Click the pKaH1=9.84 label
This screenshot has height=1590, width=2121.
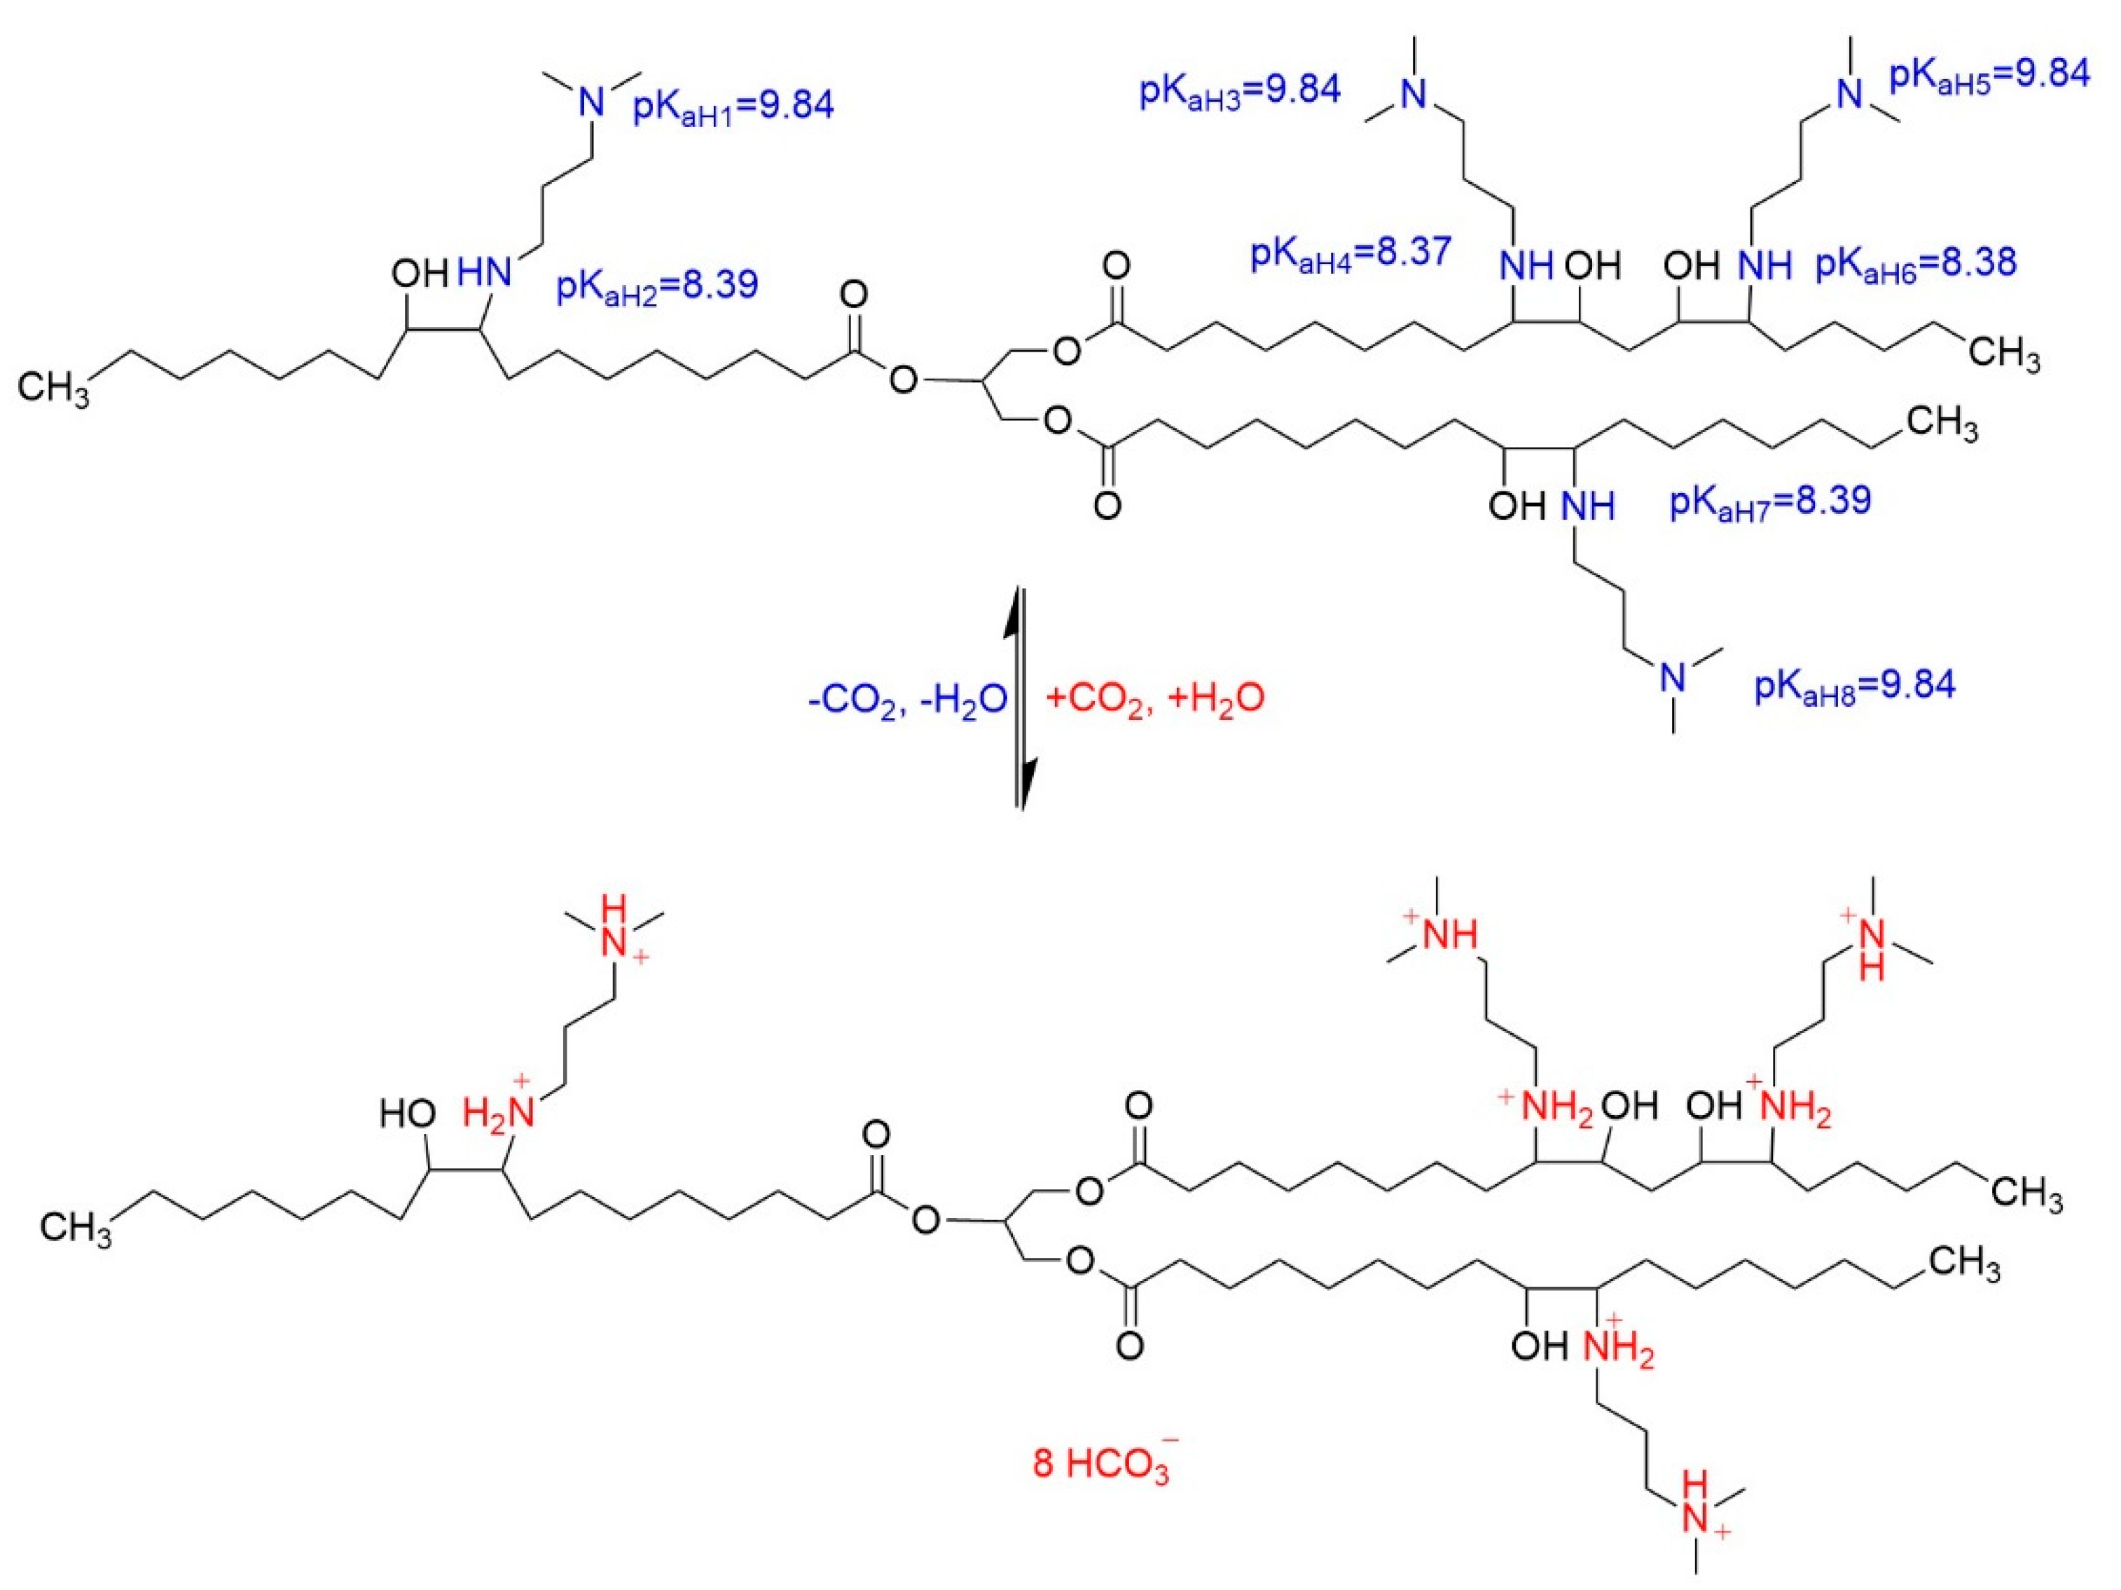733,106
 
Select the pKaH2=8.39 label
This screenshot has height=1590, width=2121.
658,286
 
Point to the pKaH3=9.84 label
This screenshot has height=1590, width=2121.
1240,91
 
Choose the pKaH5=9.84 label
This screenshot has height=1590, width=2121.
1989,75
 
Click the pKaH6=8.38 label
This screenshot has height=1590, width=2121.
1916,263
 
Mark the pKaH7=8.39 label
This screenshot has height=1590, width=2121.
1771,501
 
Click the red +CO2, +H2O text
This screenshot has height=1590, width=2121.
1154,697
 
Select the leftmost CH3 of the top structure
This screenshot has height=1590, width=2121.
54,390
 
